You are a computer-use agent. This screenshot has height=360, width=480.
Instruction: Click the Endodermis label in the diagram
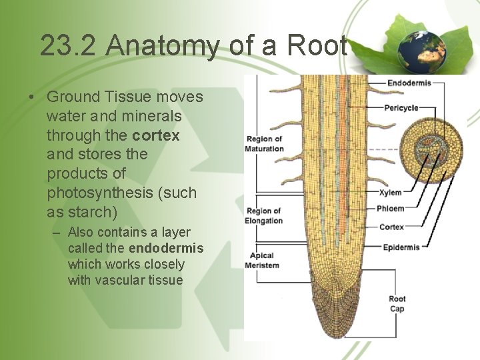click(409, 83)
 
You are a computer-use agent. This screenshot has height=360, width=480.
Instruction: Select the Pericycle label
click(402, 107)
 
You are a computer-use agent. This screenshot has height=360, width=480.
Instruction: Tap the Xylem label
click(390, 193)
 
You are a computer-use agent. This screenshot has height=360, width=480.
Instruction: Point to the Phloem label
click(391, 209)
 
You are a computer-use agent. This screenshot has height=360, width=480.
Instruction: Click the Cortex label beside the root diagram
click(391, 227)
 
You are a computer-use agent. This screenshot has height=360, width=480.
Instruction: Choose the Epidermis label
click(401, 247)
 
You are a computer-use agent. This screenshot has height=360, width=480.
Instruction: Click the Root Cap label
click(397, 304)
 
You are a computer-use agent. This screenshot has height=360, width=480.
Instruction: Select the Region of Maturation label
click(265, 144)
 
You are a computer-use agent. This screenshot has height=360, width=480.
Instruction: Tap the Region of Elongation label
click(265, 216)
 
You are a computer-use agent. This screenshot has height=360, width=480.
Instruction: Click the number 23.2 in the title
click(69, 45)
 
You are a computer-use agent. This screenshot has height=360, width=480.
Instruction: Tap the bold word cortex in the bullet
click(157, 135)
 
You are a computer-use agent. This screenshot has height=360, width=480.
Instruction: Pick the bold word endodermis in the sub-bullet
click(166, 249)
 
